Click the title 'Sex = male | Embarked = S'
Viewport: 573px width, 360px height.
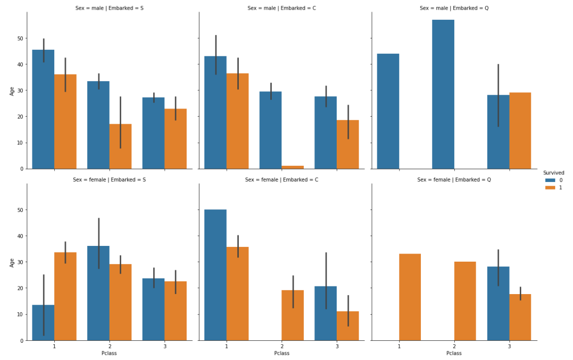109,8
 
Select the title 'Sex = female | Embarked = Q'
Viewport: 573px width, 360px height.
454,179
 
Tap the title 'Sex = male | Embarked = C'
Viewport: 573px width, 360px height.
281,8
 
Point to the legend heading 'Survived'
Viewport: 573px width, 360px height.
553,172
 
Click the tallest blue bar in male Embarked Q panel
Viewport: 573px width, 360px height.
443,94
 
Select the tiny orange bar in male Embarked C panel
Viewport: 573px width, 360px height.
293,167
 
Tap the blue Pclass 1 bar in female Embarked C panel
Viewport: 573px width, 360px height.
216,275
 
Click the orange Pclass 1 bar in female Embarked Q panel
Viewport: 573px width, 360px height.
410,297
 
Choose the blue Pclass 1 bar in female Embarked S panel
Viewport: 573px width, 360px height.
44,322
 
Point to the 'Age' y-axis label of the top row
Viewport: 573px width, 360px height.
13,91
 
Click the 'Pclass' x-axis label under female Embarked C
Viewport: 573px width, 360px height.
281,353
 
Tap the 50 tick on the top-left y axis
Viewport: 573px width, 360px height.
20,39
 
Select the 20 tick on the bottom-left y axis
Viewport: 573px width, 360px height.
20,288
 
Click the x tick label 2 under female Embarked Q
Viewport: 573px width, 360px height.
454,346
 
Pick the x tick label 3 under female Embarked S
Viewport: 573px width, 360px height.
164,346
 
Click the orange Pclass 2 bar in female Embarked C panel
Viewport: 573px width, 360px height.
293,315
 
